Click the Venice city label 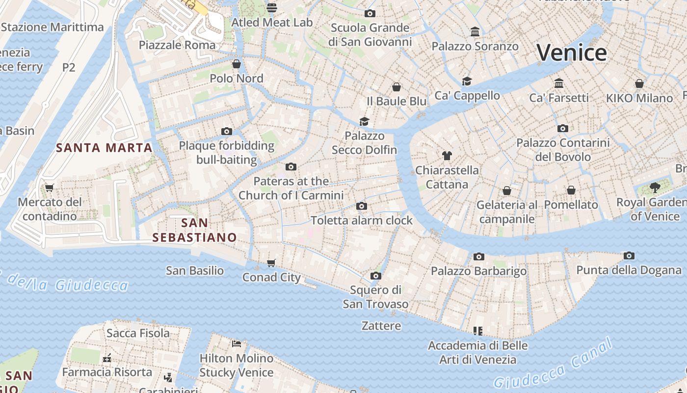(x=572, y=53)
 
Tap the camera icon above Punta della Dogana (x=629, y=255)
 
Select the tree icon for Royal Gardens (x=655, y=187)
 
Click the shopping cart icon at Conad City (x=271, y=263)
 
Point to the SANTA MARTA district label (x=104, y=147)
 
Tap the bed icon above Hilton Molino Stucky (x=237, y=343)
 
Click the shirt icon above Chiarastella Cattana (x=447, y=156)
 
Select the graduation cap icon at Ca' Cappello (x=467, y=81)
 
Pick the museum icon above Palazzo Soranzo (x=475, y=32)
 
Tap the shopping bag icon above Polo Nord (x=237, y=64)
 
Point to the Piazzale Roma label (x=177, y=45)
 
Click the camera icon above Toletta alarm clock (x=362, y=206)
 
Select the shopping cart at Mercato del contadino (x=49, y=188)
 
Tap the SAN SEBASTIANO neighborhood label (x=194, y=230)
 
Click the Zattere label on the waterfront (x=381, y=326)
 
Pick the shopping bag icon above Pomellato (x=571, y=190)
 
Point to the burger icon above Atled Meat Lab (x=272, y=7)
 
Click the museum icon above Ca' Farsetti (x=559, y=83)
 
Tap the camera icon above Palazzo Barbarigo (x=479, y=256)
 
